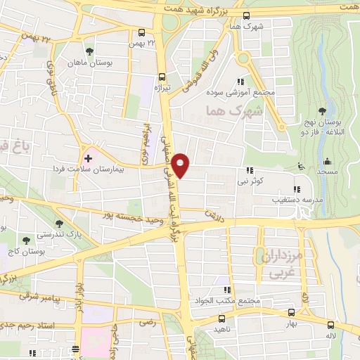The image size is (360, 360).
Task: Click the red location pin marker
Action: pyautogui.click(x=181, y=165)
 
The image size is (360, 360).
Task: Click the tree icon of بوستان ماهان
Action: pyautogui.click(x=89, y=51)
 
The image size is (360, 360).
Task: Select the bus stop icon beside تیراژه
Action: pyautogui.click(x=162, y=77)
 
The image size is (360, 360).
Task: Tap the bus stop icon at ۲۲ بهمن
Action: pyautogui.click(x=142, y=32)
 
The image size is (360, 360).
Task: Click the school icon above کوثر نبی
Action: pyautogui.click(x=250, y=170)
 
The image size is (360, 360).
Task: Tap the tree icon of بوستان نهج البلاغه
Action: pyautogui.click(x=321, y=112)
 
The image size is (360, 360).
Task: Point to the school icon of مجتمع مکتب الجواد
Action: pyautogui.click(x=226, y=290)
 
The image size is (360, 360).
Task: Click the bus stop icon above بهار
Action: pyautogui.click(x=291, y=312)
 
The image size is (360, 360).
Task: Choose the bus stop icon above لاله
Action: pyautogui.click(x=331, y=324)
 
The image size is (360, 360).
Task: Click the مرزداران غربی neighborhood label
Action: pyautogui.click(x=280, y=265)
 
